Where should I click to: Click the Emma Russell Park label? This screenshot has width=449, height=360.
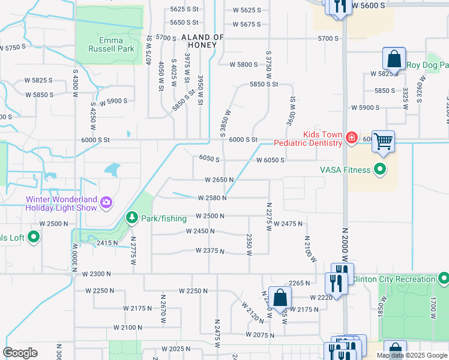click(x=112, y=45)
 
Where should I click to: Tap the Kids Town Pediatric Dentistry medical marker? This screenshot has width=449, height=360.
click(x=351, y=139)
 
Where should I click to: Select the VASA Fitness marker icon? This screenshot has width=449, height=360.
click(x=379, y=170)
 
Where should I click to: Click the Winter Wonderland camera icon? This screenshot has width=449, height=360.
click(x=106, y=202)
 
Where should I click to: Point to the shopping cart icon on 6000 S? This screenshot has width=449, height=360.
click(x=384, y=142)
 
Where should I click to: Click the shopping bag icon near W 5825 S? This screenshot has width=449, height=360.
click(x=394, y=59)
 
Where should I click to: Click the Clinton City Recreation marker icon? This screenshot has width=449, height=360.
click(x=443, y=278)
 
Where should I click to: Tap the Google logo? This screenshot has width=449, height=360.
click(x=20, y=353)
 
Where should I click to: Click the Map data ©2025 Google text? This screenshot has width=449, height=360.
click(x=411, y=355)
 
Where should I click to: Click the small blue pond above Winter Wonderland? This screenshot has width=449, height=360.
click(x=112, y=170)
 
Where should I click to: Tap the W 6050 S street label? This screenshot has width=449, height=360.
click(x=269, y=160)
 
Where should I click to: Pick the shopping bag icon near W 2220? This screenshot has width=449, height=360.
click(x=280, y=298)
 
